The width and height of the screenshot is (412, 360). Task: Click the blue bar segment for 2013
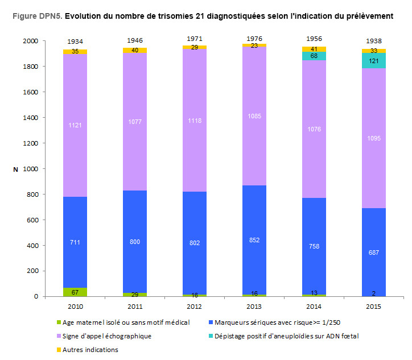pos(254,239)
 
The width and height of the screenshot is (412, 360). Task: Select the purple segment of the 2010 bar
pos(75,125)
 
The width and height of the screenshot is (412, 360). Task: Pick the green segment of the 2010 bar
pos(75,292)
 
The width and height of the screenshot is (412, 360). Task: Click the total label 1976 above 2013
pos(254,39)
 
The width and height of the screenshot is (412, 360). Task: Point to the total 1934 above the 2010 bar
pos(75,42)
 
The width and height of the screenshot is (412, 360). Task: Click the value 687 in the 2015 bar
pos(374,253)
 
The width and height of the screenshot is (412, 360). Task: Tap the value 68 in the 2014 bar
pos(314,56)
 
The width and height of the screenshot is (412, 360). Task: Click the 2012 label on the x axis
pos(195,307)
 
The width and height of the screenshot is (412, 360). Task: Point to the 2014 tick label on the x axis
pos(314,307)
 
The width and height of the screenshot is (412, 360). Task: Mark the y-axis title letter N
pos(15,169)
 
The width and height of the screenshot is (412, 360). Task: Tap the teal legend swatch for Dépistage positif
pos(212,336)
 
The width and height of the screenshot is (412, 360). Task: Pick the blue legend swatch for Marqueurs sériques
pos(212,322)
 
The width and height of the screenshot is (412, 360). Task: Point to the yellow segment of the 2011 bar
pos(135,51)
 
